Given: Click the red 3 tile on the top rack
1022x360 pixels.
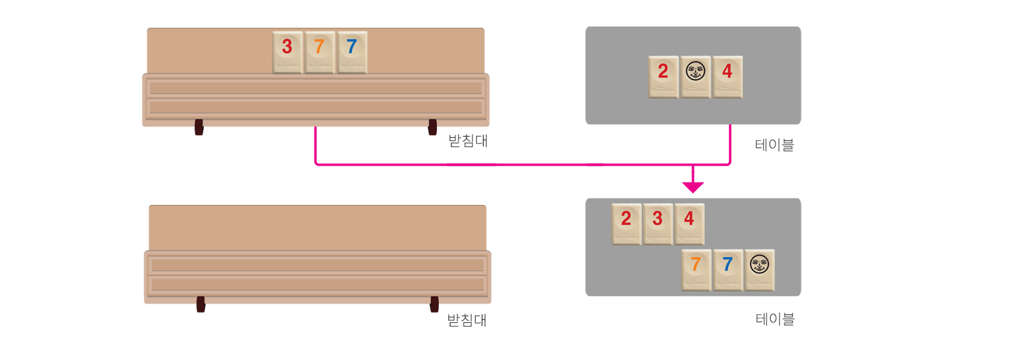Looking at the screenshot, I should pos(287,52).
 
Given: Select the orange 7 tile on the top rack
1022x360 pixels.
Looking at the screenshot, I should pos(319,52).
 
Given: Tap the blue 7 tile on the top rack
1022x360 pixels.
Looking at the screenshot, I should pos(352,52).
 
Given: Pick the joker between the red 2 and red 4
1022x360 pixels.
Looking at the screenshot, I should pos(695,77).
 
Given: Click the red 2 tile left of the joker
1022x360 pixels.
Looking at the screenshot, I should pos(663,77).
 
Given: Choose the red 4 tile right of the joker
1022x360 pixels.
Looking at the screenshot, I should pos(727,77).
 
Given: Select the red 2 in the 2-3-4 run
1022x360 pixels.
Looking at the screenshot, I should pos(627,224).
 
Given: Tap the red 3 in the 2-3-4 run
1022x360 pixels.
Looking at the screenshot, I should pos(658,224).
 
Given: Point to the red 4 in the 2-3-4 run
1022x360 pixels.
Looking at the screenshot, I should pos(689,224).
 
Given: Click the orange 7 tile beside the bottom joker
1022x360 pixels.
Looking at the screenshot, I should pos(696,269).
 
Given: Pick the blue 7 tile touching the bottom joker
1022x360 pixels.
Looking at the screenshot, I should pos(728,269).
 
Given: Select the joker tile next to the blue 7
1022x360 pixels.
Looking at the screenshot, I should pos(759,269).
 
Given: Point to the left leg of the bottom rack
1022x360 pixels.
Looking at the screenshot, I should pos(201,313).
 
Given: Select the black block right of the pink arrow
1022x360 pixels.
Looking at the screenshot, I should pos(774,153).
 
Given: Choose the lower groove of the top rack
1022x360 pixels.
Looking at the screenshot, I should pos(316,108).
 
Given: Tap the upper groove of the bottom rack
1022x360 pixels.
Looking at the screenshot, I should pos(317,265).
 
